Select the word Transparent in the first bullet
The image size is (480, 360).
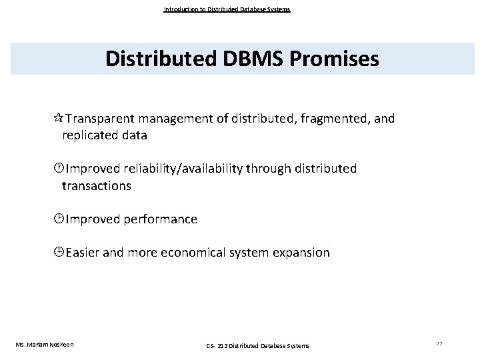click(x=100, y=119)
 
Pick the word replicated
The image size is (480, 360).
click(x=89, y=135)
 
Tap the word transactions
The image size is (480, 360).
click(x=97, y=186)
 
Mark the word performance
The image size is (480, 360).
click(x=160, y=219)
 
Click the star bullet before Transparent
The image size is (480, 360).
click(x=58, y=119)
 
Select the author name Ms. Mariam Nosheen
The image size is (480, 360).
click(x=45, y=344)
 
